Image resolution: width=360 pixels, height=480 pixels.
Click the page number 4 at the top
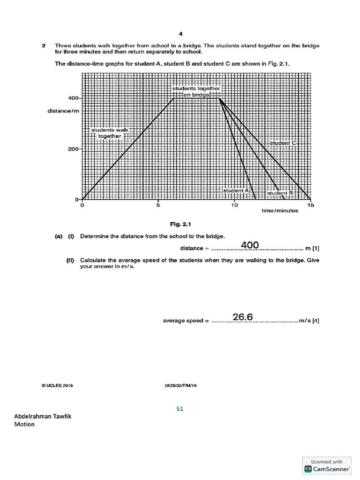pos(180,33)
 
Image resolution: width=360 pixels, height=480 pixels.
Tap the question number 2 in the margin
pos(43,45)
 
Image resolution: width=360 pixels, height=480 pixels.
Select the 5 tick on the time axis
pos(158,205)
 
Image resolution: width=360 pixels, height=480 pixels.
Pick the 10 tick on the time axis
pos(234,205)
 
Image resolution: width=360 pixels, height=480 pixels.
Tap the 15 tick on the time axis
pos(310,205)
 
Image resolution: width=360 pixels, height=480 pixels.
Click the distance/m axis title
pos(62,111)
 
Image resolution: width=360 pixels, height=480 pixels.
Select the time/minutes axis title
pos(279,211)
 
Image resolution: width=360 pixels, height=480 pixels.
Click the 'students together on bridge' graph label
pos(196,91)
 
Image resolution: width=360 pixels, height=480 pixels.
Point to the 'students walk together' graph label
pos(109,133)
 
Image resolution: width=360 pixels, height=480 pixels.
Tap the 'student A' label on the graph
pos(236,191)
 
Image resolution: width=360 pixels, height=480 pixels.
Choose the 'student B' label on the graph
pos(280,193)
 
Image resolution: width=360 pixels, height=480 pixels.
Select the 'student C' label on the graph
pos(283,142)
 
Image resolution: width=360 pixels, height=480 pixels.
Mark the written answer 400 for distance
pos(249,245)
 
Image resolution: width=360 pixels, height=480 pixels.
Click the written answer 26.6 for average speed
pos(243,317)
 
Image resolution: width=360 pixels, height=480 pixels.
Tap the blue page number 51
pos(180,409)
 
